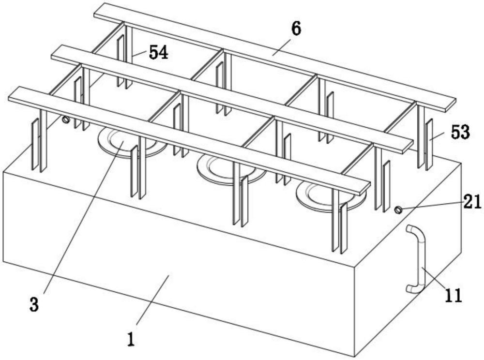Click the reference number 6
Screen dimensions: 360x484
(x=296, y=29)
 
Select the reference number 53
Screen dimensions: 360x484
(x=460, y=132)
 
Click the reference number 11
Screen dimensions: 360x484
(x=454, y=295)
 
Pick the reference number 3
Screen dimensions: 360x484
(x=33, y=305)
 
